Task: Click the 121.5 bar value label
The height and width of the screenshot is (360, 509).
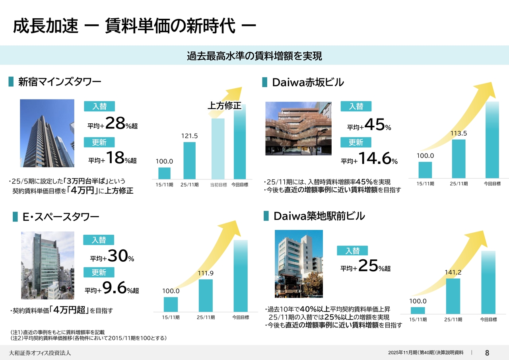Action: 189,136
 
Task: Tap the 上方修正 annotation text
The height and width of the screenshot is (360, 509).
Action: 224,105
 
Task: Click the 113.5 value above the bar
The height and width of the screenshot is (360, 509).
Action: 458,133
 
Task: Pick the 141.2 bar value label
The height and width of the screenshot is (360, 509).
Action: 453,272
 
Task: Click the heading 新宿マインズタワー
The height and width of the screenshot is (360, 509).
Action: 60,82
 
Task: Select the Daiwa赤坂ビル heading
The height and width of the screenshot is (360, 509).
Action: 308,82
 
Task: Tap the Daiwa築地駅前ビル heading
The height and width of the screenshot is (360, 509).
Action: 319,216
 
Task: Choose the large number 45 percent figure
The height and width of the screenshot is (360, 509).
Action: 374,125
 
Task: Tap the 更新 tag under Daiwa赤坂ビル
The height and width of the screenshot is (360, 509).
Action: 356,142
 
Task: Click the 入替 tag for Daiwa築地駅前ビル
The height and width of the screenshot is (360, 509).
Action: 352,251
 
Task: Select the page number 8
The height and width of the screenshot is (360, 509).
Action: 487,352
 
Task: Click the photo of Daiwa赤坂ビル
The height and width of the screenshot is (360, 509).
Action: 298,128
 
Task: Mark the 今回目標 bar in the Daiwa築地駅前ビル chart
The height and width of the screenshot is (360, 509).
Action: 488,282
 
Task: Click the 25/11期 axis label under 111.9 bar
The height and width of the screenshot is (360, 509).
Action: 206,317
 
